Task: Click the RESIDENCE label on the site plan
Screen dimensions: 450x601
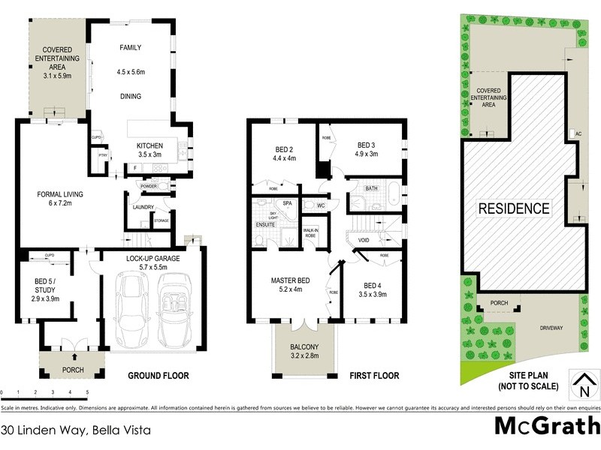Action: click(x=514, y=208)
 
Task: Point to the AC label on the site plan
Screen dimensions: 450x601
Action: click(x=578, y=133)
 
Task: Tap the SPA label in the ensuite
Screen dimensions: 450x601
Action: click(x=287, y=203)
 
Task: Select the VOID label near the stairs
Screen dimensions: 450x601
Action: click(x=364, y=241)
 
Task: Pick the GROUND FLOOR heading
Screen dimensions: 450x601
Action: click(x=158, y=376)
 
